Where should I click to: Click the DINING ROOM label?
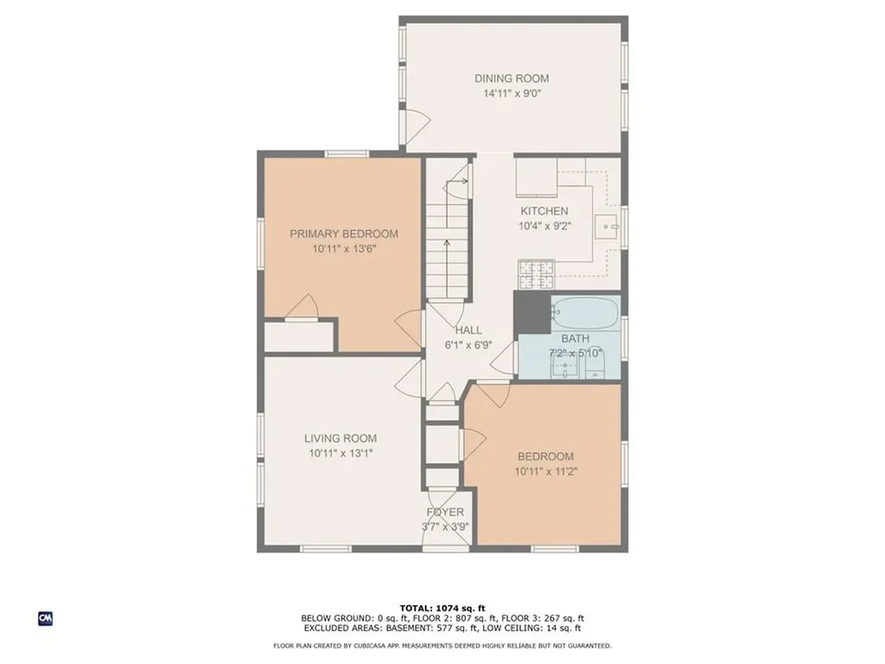coord(512,79)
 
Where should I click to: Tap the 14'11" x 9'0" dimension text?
coord(512,93)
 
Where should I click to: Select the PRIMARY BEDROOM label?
coord(344,233)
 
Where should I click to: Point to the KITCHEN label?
coord(544,211)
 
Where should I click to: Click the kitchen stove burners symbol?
coord(536,275)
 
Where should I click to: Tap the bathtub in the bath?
coord(585,312)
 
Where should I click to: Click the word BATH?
coord(575,339)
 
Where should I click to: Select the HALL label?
coord(468,330)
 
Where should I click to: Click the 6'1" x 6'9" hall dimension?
coord(468,345)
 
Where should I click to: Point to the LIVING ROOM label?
coord(341,438)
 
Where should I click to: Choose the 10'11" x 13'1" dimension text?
coord(341,453)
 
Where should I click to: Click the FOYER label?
coord(445,512)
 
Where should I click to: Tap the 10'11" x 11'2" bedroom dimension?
coord(546,471)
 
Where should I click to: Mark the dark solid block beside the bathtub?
coord(532,312)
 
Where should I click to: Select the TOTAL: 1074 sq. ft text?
coord(442,608)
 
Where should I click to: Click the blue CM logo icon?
coord(46,618)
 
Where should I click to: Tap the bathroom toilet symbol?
coord(595,365)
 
